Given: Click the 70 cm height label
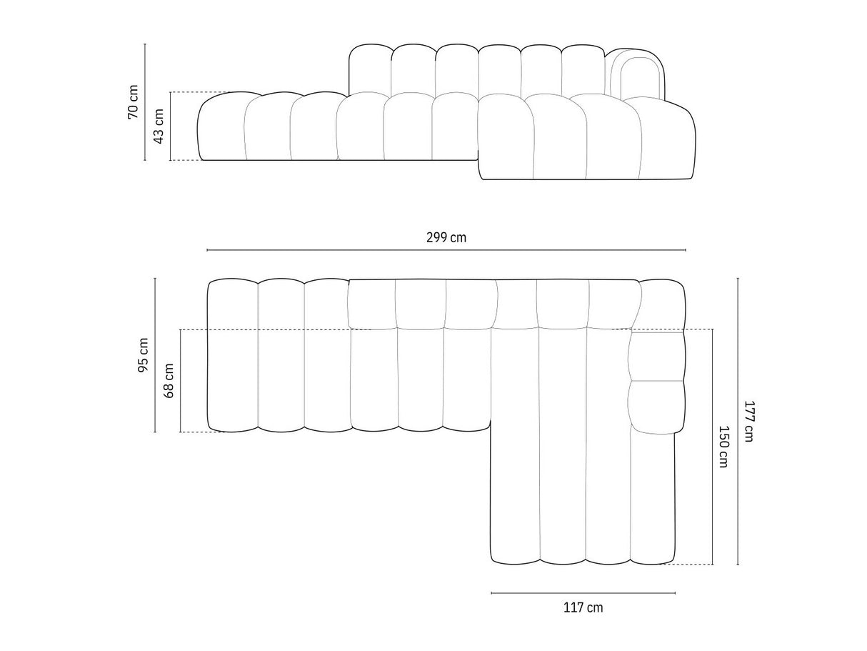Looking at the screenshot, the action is click(x=133, y=101).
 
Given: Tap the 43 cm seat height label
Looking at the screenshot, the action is click(x=159, y=126).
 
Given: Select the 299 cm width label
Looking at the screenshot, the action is click(x=446, y=237).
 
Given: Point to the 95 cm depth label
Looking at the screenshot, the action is click(x=143, y=355).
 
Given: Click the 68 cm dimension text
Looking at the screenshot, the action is click(x=169, y=381).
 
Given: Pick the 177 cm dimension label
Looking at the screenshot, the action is click(x=749, y=422).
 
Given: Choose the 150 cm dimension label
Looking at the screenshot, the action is click(x=723, y=447).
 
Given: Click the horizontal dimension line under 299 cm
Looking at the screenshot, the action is click(x=446, y=250).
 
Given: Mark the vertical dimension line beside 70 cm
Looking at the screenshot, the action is click(x=145, y=102).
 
